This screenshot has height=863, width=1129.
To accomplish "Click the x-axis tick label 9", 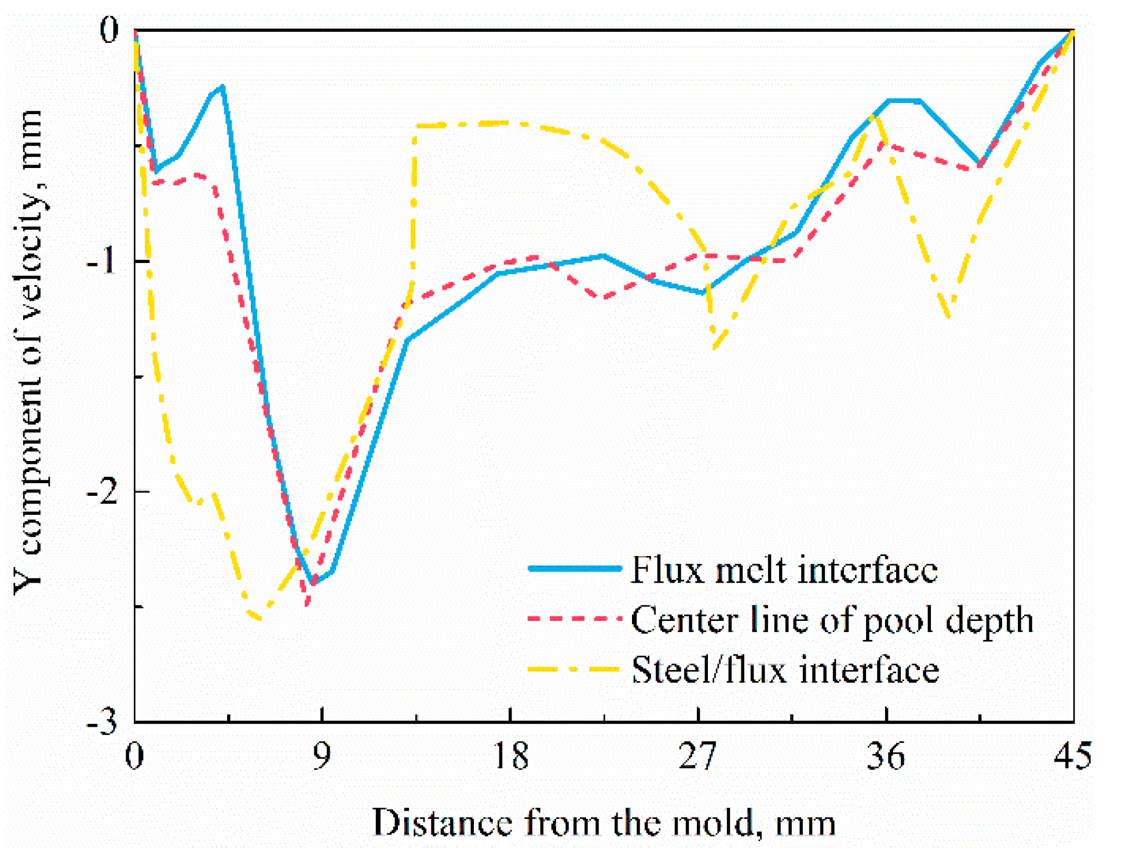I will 321,756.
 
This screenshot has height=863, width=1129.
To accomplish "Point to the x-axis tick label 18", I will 511,756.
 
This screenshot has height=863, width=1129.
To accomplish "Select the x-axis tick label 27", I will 698,756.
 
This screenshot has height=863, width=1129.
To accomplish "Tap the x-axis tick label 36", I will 886,756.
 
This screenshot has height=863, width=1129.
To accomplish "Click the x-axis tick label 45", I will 1073,756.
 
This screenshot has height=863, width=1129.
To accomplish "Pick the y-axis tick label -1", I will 103,262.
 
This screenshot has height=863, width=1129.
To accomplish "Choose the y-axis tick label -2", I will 103,492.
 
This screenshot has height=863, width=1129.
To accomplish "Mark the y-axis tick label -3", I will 103,722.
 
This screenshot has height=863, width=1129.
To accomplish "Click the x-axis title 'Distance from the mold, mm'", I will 604,822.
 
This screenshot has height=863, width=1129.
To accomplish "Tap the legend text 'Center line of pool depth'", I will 832,620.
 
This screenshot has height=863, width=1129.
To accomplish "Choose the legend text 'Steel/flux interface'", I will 785,670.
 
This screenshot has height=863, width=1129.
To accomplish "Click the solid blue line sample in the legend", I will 575,569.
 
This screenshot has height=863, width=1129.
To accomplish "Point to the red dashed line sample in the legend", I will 575,619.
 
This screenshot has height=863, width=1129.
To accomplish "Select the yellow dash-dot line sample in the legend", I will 575,670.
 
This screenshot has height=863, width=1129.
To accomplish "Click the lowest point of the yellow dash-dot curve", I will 258,619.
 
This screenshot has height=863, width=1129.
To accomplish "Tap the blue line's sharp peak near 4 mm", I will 222,87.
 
